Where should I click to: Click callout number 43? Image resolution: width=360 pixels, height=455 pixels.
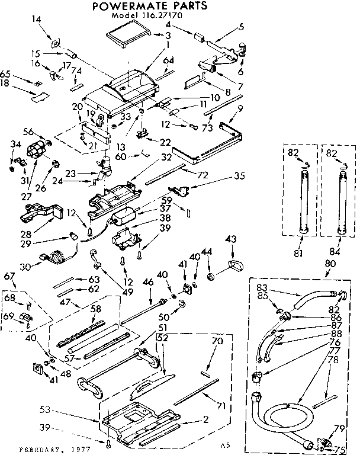[231, 239]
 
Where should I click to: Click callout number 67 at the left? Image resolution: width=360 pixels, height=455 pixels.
[9, 276]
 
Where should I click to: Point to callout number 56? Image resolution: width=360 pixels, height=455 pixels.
[27, 132]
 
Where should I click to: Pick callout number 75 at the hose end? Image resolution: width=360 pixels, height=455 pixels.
[339, 448]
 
